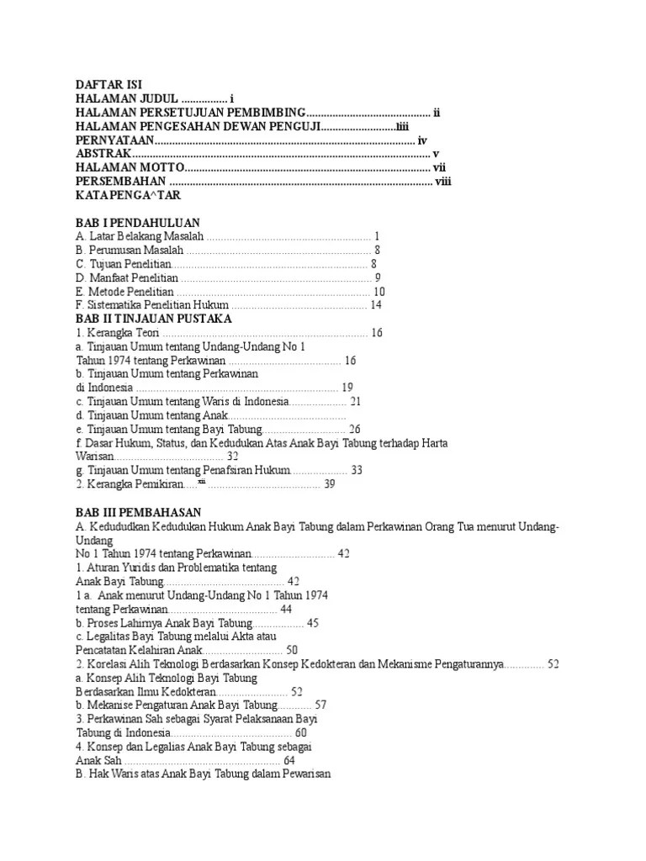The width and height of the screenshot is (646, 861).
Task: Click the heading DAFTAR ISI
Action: pos(109,85)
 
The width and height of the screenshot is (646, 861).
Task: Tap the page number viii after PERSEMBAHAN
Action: pos(443,181)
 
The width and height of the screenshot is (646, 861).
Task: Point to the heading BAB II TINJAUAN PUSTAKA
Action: pos(153,319)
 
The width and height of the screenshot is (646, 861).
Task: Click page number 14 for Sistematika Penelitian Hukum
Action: pos(376,305)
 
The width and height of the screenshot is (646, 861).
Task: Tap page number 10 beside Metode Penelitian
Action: pos(379,292)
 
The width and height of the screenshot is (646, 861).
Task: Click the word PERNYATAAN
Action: pos(114,140)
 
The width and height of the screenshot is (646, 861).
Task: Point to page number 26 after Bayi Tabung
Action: pos(354,430)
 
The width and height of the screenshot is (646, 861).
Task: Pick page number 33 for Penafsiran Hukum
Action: pos(357,471)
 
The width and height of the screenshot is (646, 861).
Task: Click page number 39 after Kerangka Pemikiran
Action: pos(330,484)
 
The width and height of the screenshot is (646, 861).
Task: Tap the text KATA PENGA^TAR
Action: pos(128,195)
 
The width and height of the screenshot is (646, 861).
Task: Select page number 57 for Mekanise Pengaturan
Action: pos(320,705)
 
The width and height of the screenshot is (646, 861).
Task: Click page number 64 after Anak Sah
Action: pos(290,760)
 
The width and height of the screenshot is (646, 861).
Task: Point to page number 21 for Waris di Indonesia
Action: pos(355,402)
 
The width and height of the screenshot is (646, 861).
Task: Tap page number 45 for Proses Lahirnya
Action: pos(313,623)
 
